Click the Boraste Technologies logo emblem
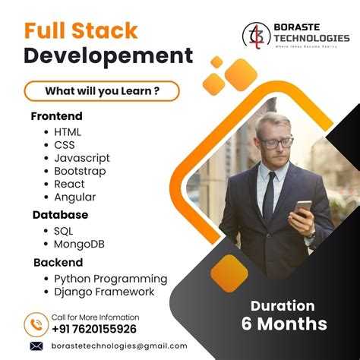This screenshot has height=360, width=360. pyautogui.click(x=257, y=34)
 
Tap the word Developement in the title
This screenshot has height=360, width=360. pyautogui.click(x=108, y=56)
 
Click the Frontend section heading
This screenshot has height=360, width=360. pyautogui.click(x=57, y=117)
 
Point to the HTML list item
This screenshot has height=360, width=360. pyautogui.click(x=68, y=132)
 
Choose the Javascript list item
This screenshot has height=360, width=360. pyautogui.click(x=82, y=158)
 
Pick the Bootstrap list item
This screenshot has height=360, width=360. pyautogui.click(x=80, y=171)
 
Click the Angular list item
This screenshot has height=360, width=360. pyautogui.click(x=74, y=197)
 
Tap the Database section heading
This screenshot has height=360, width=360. pyautogui.click(x=60, y=215)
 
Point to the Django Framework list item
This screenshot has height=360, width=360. pyautogui.click(x=104, y=292)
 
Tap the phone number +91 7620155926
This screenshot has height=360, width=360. pyautogui.click(x=94, y=329)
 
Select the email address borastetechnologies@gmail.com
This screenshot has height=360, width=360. pyautogui.click(x=119, y=346)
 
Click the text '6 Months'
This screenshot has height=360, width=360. pyautogui.click(x=284, y=324)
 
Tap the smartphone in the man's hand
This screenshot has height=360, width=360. pyautogui.click(x=303, y=207)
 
